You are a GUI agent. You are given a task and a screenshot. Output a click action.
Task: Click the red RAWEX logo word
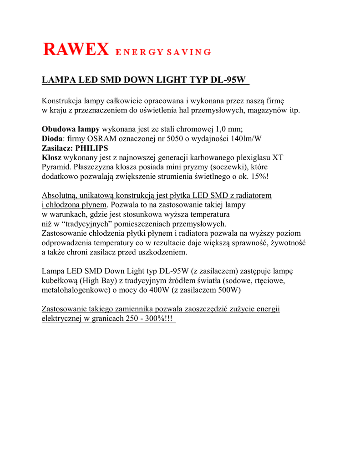76,49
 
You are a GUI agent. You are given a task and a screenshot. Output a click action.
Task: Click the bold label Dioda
51,138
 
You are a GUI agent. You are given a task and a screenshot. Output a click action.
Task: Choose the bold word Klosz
51,157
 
